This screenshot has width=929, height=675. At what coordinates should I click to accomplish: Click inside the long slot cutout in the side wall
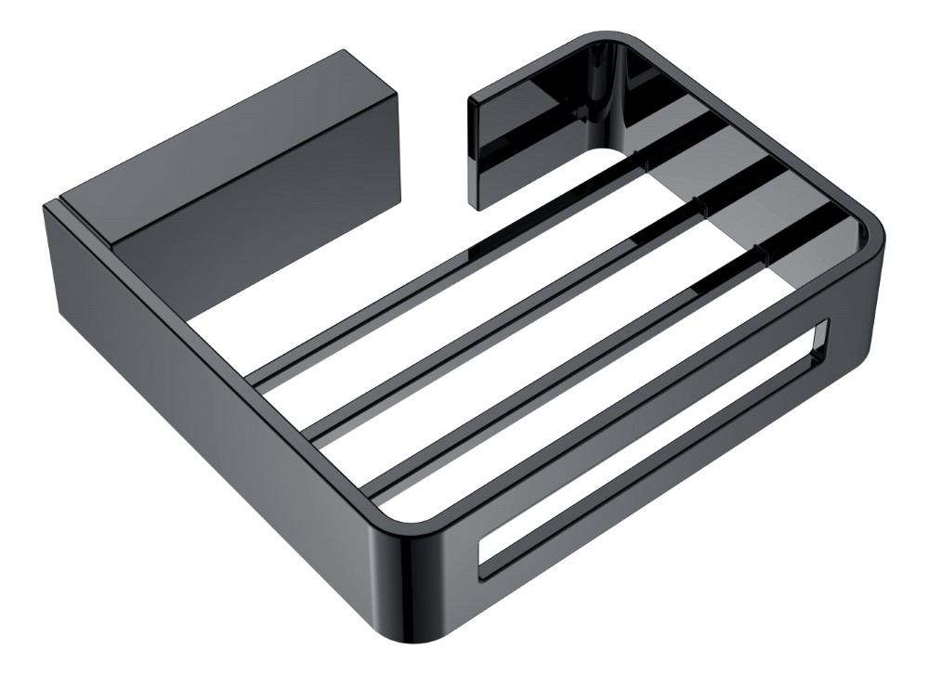point(650,464)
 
